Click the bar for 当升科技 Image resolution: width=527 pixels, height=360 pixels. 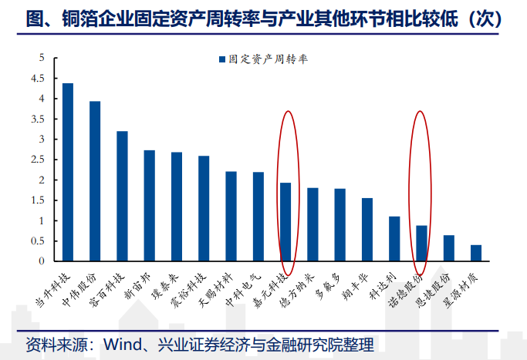click(68, 172)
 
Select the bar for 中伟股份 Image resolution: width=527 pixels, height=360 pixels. click(95, 181)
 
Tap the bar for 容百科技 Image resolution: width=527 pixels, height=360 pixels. click(122, 196)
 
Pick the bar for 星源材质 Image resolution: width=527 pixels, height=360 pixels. click(476, 253)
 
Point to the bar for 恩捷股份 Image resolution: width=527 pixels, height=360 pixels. click(449, 248)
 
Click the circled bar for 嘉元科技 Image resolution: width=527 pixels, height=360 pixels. click(285, 222)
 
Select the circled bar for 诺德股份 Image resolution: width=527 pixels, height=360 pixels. click(421, 243)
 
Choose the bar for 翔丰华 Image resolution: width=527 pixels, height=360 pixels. click(367, 230)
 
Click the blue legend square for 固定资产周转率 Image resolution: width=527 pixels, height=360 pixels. click(221, 59)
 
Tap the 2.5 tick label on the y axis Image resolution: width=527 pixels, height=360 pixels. click(38, 159)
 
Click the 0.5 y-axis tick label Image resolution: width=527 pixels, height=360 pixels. click(38, 241)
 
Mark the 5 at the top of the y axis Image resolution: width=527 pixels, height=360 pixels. click(42, 58)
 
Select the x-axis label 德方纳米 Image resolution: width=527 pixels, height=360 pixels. click(297, 290)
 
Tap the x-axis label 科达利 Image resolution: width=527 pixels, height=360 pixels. click(383, 286)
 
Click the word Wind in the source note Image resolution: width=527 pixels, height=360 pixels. click(123, 345)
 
